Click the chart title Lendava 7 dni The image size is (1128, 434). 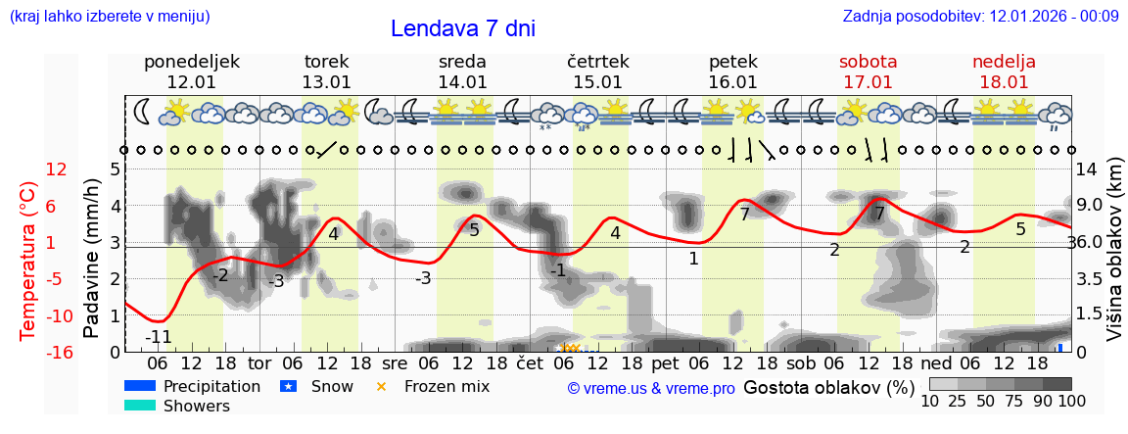tap(462, 28)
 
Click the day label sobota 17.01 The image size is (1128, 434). tap(868, 72)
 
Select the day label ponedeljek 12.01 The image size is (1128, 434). tap(191, 72)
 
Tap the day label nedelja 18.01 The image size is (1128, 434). tap(1004, 72)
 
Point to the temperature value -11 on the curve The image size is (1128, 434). tap(159, 338)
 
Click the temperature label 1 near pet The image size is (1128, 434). tap(693, 259)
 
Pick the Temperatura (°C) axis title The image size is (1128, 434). tap(29, 260)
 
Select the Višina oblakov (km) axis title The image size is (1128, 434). tap(1114, 259)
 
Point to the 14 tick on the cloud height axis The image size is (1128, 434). tap(1087, 169)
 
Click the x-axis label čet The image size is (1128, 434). tap(529, 363)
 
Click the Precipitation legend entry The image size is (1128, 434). tap(211, 386)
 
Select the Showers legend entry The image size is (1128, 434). tap(197, 406)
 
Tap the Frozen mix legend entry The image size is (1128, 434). tap(446, 386)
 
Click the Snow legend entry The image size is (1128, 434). tap(332, 386)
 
